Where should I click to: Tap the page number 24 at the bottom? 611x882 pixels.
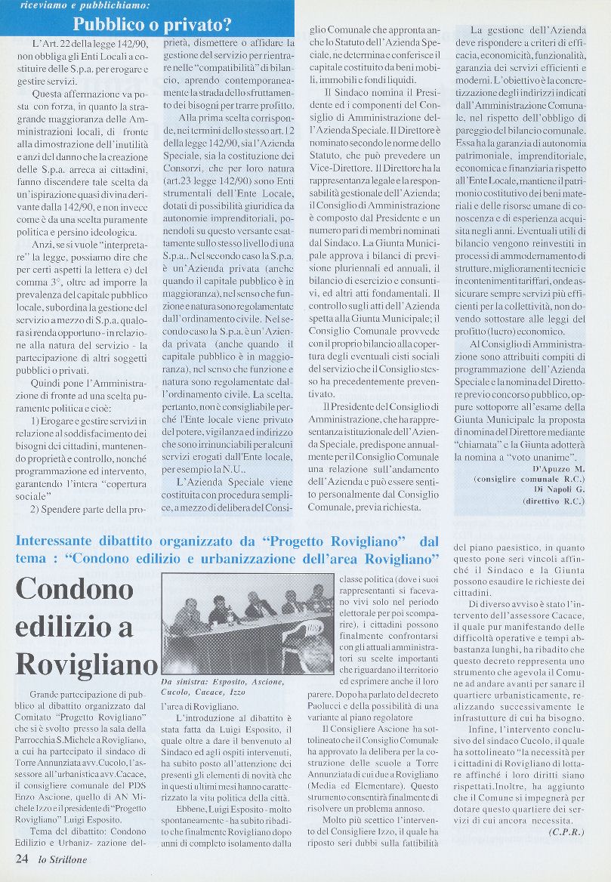point(22,858)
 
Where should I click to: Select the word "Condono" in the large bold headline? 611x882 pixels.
point(74,590)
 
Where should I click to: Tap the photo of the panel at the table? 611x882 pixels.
point(248,623)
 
